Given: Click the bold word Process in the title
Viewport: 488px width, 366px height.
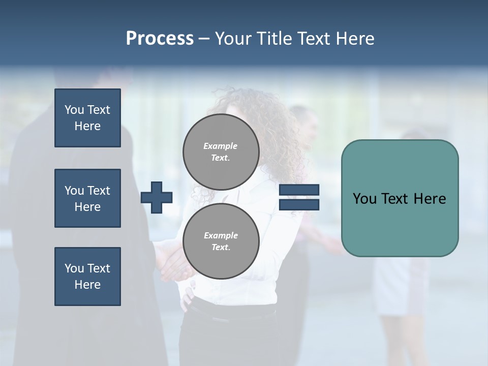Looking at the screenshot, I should tap(160, 39).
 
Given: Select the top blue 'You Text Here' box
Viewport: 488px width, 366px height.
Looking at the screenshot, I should tap(87, 118).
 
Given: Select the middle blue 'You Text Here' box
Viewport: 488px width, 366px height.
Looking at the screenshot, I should tap(87, 198).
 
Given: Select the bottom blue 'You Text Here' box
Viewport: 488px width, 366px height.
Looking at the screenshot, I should tap(87, 277).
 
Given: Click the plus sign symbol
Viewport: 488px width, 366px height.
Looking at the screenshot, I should tap(157, 197).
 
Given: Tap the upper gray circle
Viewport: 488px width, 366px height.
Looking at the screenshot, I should tap(221, 152).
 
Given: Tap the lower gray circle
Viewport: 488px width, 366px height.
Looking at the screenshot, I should tap(221, 241).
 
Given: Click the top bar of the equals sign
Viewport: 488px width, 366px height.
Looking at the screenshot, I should tap(299, 190).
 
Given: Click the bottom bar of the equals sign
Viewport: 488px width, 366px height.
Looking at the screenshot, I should tap(299, 204).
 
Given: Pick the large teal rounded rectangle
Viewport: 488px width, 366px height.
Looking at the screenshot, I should tap(400, 224).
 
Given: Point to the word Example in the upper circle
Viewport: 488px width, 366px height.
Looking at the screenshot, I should tap(221, 146).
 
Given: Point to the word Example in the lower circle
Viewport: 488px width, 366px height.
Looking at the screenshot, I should tap(221, 235).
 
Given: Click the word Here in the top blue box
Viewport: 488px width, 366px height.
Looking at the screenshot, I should tap(87, 126).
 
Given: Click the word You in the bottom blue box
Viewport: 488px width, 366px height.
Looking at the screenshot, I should tap(74, 268).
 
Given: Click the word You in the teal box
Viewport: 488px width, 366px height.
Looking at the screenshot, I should tap(364, 199).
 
